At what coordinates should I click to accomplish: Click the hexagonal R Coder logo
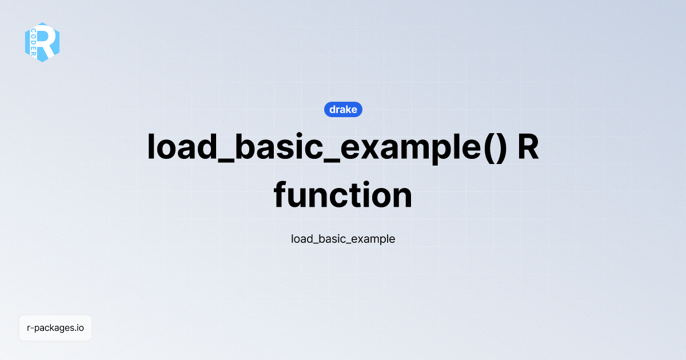coord(42,42)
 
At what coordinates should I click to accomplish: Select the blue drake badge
coord(343,109)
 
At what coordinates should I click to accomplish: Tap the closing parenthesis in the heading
coord(499,148)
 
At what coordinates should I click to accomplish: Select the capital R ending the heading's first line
coord(528,147)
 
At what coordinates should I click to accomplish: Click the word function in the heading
coord(343,195)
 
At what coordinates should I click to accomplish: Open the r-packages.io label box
coord(55,328)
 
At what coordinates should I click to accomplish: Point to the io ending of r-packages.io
coord(80,328)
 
